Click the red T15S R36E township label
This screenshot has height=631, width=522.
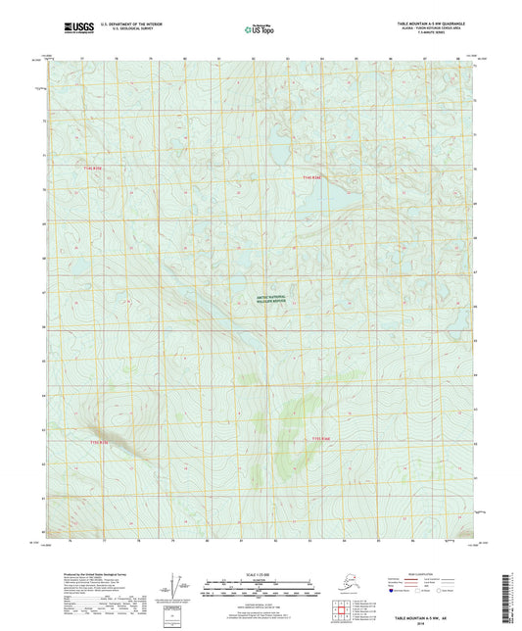[324, 438]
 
